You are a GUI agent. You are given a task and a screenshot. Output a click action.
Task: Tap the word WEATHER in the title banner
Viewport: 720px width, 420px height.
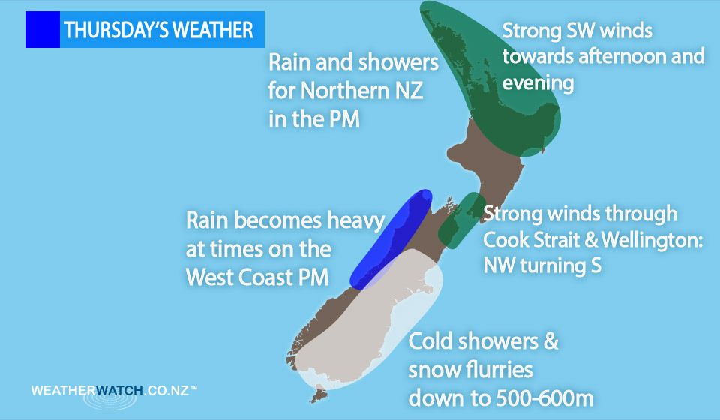213,30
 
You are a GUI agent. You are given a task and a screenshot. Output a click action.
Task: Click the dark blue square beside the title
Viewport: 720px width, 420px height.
43,29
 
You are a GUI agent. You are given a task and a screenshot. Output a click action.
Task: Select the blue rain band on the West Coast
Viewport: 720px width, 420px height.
391,239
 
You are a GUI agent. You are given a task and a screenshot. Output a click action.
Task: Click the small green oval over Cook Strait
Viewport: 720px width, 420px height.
462,220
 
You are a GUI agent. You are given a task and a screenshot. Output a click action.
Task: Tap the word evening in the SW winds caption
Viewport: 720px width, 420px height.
538,83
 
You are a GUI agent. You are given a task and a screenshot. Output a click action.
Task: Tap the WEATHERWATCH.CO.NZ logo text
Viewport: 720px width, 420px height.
114,391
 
